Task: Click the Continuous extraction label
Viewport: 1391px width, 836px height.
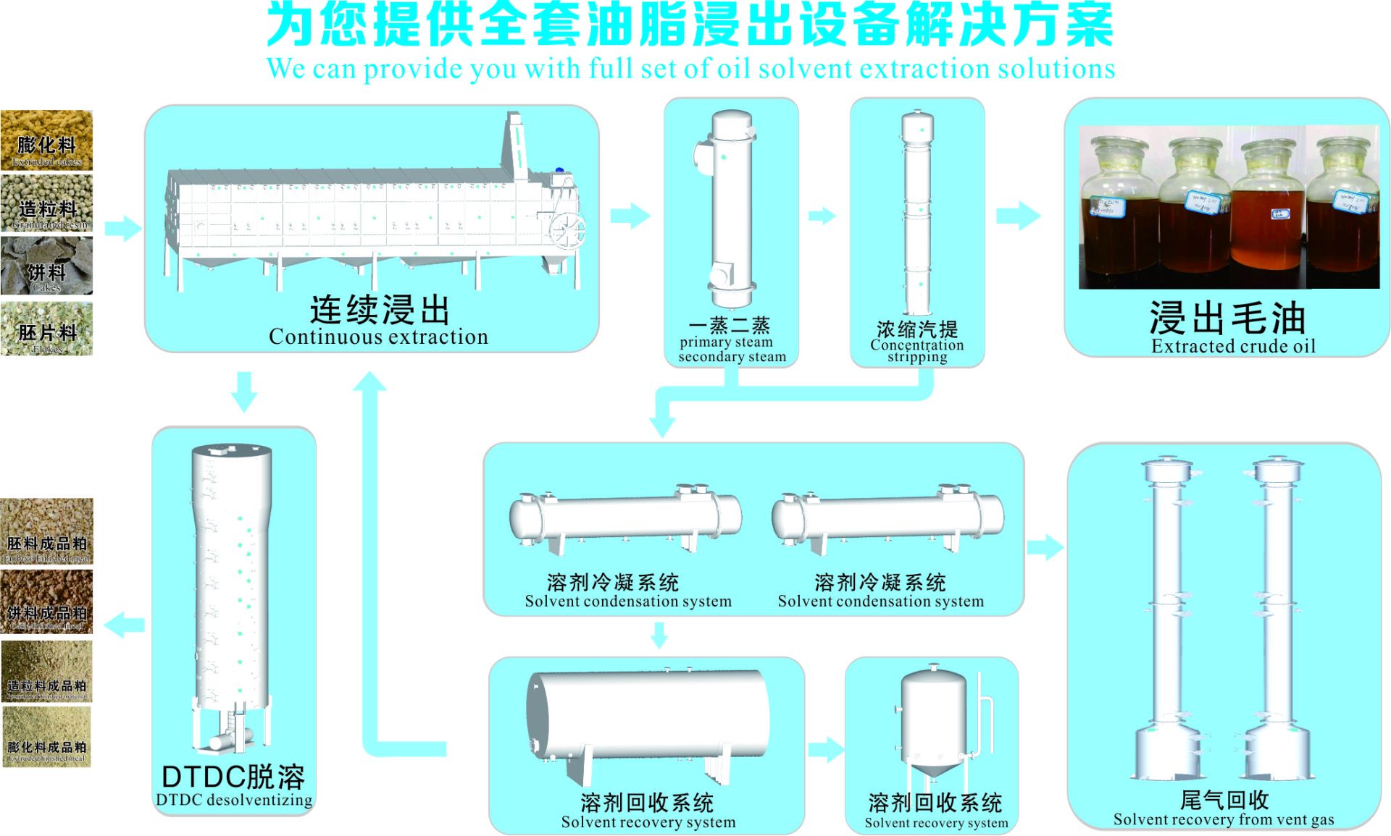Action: (x=378, y=337)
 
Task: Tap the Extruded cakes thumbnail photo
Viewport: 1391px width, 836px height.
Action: (x=46, y=140)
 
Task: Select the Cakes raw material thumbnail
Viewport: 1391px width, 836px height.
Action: (x=46, y=267)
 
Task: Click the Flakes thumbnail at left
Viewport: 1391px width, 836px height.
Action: (x=46, y=330)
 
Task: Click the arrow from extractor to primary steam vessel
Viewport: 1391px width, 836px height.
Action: (x=630, y=215)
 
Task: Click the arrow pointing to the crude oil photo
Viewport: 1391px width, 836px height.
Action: (x=1018, y=215)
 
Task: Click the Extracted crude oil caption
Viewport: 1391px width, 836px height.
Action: (x=1233, y=346)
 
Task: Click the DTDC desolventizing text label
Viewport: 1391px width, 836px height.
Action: (x=234, y=800)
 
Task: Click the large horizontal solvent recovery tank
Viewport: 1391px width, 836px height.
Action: (x=648, y=717)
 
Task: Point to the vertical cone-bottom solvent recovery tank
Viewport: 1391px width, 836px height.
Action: (x=933, y=720)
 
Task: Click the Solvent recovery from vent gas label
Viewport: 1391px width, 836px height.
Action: (x=1223, y=819)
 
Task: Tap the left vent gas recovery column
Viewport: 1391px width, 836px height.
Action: (x=1166, y=622)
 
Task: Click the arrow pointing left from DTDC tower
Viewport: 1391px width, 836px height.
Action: (x=125, y=624)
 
